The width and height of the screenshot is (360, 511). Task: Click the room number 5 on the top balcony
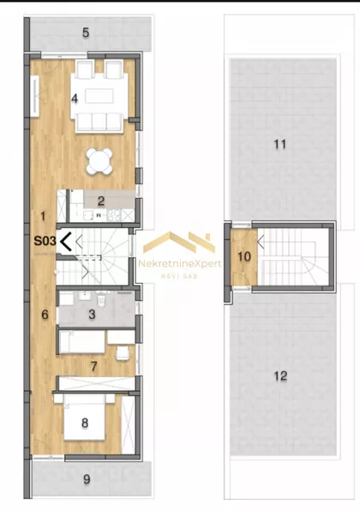click(x=86, y=33)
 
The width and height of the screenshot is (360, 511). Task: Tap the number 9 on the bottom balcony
click(x=87, y=479)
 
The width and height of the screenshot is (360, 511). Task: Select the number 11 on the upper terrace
click(x=279, y=144)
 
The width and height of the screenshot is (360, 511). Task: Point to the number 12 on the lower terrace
click(x=280, y=376)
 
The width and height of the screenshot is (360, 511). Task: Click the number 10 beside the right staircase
click(x=244, y=257)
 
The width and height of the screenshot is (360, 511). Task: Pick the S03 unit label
click(x=45, y=241)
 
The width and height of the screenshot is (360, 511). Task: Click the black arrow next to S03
click(x=65, y=242)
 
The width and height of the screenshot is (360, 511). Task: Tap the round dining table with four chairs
click(x=99, y=160)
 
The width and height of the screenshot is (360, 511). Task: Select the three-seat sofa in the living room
click(x=99, y=123)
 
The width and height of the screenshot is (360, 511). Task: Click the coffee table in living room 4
click(x=99, y=97)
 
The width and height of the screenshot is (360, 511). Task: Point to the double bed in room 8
click(x=84, y=418)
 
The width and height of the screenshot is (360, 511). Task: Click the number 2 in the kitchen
click(x=101, y=201)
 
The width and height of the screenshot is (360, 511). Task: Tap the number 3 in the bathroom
click(x=93, y=314)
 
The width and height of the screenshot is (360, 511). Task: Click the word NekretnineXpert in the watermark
click(x=180, y=263)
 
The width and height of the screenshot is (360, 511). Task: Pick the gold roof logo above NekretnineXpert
click(x=179, y=243)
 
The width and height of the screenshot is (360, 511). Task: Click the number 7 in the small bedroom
click(x=93, y=366)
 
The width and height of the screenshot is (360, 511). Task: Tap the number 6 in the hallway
click(x=45, y=315)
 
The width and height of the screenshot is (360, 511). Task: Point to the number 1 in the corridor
click(x=44, y=216)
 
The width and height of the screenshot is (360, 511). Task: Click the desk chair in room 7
click(x=123, y=353)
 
